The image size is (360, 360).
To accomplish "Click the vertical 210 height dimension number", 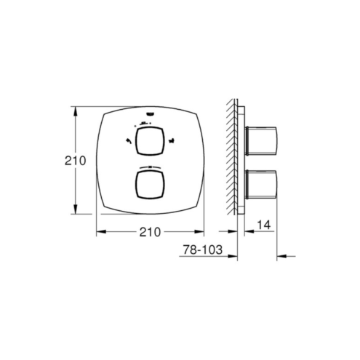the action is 75,161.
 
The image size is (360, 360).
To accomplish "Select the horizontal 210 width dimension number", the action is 150,232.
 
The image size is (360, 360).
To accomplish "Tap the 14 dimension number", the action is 263,225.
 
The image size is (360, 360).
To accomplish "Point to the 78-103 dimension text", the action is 202,249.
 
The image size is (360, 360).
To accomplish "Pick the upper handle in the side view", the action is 260,141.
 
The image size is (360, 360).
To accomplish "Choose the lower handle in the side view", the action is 260,185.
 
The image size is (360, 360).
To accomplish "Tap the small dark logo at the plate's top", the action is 150,114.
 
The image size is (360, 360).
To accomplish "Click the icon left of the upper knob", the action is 127,141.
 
